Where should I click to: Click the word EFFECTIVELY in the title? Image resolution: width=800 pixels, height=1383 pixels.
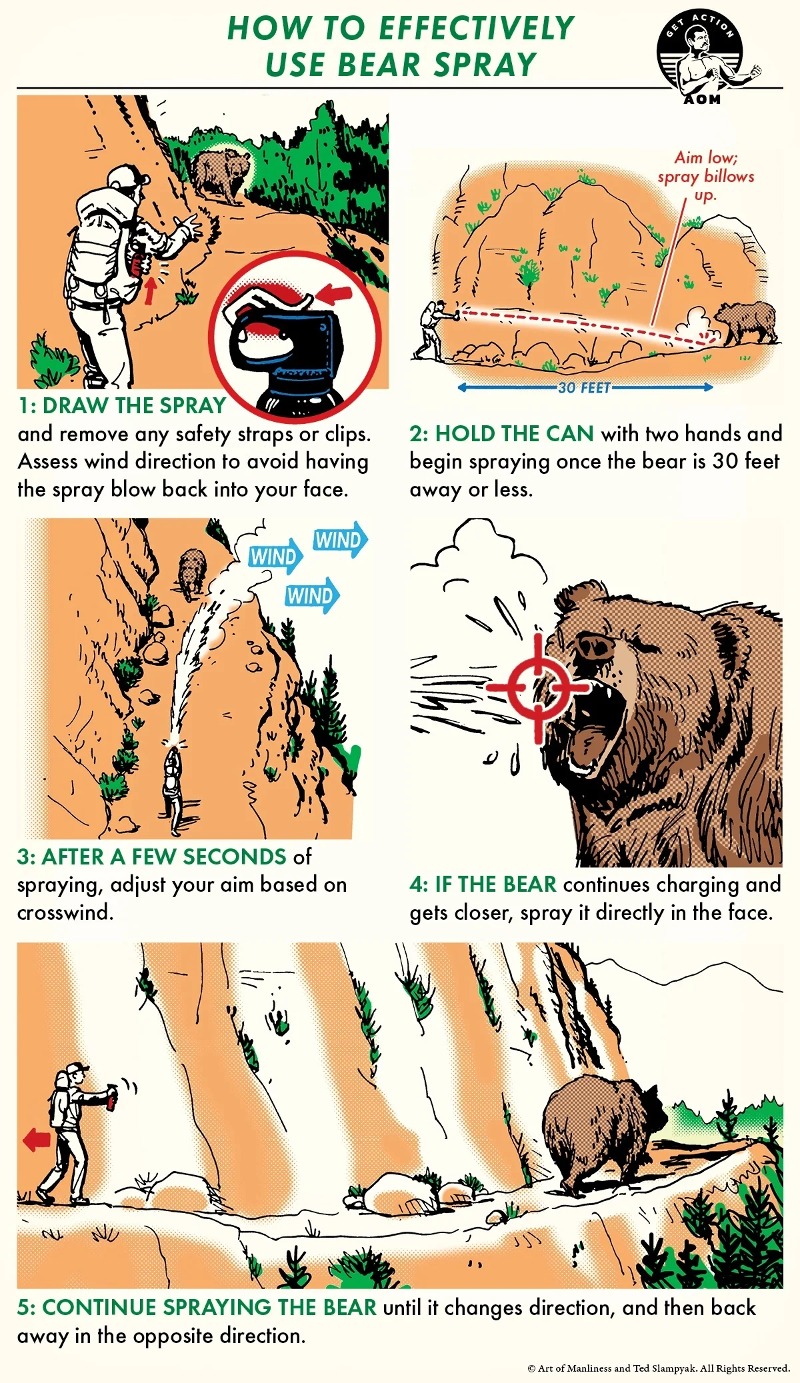click(476, 29)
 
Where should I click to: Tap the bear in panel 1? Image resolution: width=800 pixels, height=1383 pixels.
click(221, 173)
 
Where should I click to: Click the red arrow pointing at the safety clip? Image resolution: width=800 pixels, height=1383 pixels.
click(334, 293)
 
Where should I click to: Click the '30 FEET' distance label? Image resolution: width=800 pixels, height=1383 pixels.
click(584, 388)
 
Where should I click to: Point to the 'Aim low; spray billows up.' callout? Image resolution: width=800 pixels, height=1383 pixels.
click(705, 176)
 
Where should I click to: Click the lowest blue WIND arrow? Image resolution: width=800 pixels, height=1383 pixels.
click(312, 595)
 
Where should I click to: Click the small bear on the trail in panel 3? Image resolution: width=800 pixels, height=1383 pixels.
click(192, 570)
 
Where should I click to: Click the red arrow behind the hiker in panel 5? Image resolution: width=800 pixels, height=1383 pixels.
click(37, 1140)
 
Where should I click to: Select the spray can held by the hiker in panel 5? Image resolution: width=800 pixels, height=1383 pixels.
click(112, 1096)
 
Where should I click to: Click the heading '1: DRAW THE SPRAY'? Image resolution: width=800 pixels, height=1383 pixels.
click(122, 405)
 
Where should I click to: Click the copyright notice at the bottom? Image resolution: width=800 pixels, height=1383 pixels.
click(659, 1368)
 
